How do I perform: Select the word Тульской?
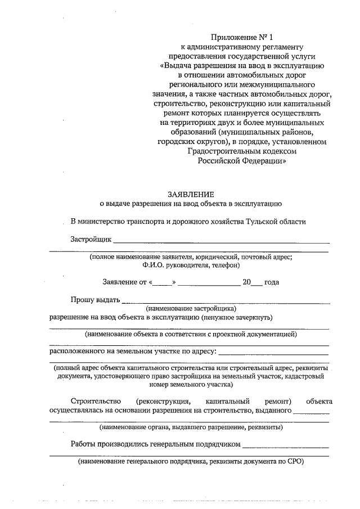point(260,222)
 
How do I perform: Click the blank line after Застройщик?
point(220,241)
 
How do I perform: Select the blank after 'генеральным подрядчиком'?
point(285,445)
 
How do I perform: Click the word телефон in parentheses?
point(225,265)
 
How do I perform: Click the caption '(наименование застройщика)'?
point(191,309)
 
